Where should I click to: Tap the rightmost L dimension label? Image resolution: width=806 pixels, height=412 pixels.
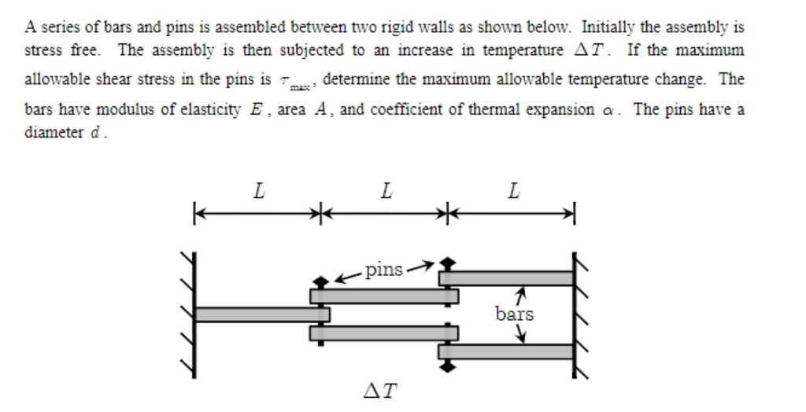pos(513,191)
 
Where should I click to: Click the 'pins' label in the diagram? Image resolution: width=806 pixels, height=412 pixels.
pos(385,270)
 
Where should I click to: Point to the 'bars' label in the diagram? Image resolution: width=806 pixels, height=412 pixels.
pos(514,315)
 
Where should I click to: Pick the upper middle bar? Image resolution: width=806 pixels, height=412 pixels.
pos(383,296)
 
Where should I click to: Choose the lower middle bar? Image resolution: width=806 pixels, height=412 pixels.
pos(383,333)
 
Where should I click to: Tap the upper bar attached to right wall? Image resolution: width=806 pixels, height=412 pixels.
pos(508,278)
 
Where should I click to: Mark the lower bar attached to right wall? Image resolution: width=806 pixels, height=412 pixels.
pos(508,351)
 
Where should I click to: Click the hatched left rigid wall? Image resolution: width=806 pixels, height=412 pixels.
pos(190,313)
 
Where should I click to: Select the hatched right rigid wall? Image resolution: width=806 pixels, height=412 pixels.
pos(580,313)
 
